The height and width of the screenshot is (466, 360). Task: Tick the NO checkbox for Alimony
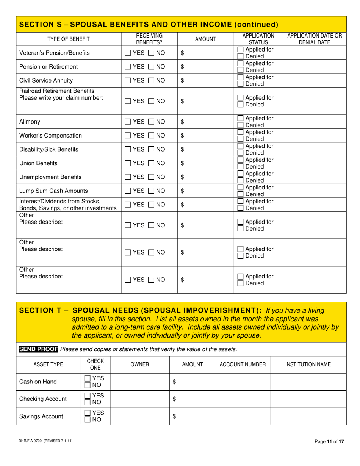(151, 122)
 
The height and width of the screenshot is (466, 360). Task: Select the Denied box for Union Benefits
(240, 167)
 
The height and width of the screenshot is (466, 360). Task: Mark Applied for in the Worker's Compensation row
(240, 132)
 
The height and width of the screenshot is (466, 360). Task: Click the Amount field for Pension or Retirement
(205, 67)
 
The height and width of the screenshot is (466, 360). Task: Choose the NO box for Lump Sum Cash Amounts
(151, 191)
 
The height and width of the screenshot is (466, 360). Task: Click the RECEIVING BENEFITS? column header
(149, 39)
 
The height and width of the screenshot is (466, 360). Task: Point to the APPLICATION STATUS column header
(258, 39)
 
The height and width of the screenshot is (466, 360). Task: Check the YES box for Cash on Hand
(88, 378)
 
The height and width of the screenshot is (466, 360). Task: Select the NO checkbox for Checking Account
(88, 402)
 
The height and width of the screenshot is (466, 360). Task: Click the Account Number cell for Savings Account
(243, 416)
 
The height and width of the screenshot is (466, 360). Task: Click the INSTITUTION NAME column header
(308, 364)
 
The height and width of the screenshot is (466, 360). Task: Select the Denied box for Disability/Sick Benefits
(240, 153)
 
